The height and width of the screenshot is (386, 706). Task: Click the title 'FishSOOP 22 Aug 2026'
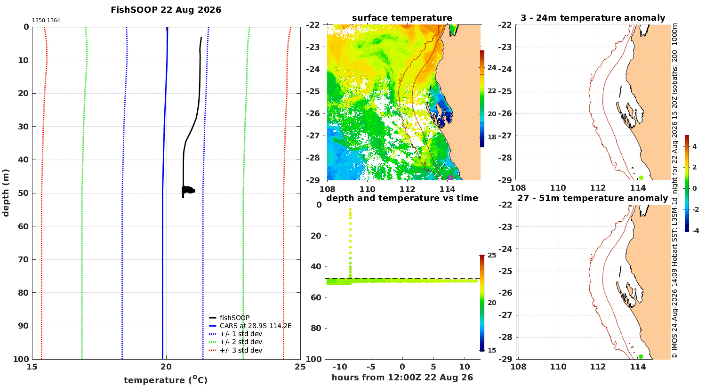point(166,10)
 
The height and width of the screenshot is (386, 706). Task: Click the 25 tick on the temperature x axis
point(300,367)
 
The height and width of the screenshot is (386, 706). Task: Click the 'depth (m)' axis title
point(6,193)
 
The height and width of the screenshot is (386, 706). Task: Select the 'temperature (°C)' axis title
point(166,380)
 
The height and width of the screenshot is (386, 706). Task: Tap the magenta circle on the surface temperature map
point(450,178)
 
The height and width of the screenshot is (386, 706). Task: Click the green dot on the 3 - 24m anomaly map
point(641,178)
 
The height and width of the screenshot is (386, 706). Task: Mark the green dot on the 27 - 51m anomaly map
point(641,357)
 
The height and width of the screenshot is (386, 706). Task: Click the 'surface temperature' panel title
point(402,18)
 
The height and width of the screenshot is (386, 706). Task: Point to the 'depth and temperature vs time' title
point(402,198)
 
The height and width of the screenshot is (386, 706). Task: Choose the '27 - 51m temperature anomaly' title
point(593,198)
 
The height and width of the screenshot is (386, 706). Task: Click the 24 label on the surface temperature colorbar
point(492,67)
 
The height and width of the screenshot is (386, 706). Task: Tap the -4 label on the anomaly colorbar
point(695,231)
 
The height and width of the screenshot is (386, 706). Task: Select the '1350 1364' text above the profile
point(46,21)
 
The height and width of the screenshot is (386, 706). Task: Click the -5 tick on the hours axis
point(371,367)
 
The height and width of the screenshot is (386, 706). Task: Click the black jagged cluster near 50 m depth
point(188,190)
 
